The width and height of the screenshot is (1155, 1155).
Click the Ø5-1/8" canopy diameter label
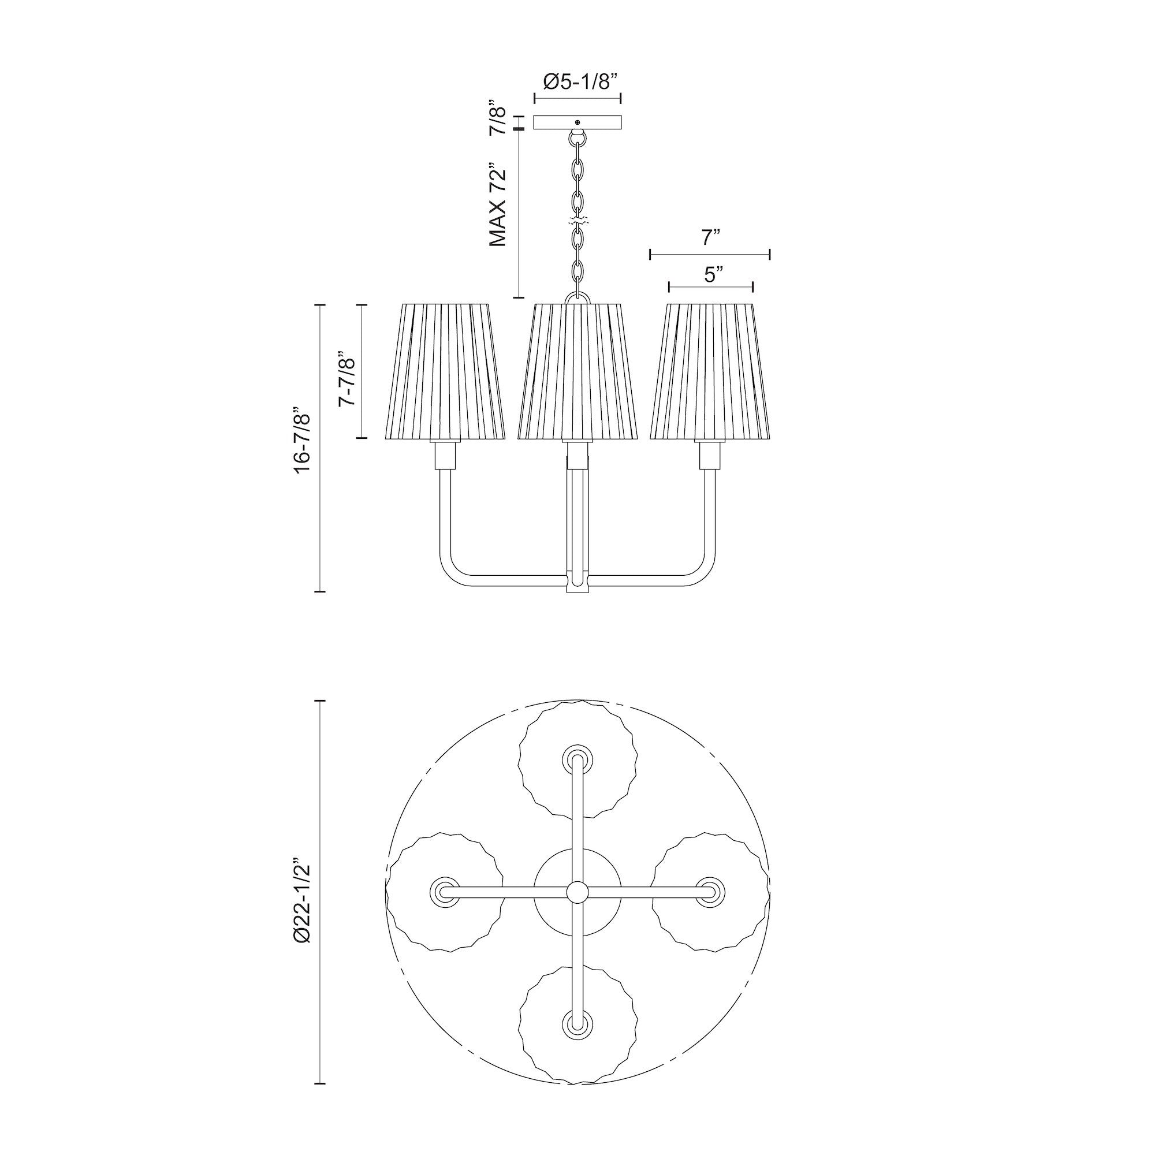[577, 82]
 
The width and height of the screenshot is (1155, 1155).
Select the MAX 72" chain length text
[497, 204]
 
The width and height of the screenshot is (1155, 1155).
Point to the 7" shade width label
[710, 239]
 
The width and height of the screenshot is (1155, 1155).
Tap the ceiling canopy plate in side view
[577, 122]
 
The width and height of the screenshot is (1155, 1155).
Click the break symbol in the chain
[577, 221]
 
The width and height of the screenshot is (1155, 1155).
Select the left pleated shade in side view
[445, 371]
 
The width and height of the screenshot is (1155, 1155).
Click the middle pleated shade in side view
[577, 371]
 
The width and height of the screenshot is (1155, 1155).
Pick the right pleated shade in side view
[710, 371]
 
